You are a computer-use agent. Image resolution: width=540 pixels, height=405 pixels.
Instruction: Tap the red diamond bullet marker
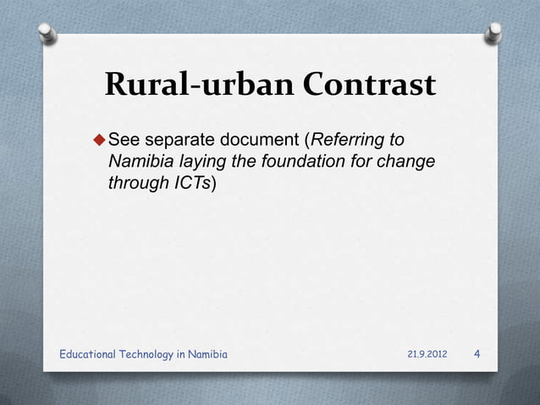point(98,139)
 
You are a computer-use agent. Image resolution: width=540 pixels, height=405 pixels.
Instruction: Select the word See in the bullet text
point(125,139)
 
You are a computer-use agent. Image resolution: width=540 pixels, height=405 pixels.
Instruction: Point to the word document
point(258,139)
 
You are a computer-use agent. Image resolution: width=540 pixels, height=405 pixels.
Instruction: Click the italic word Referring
point(347,139)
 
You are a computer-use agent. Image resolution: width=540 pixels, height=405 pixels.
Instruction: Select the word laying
point(194,162)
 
